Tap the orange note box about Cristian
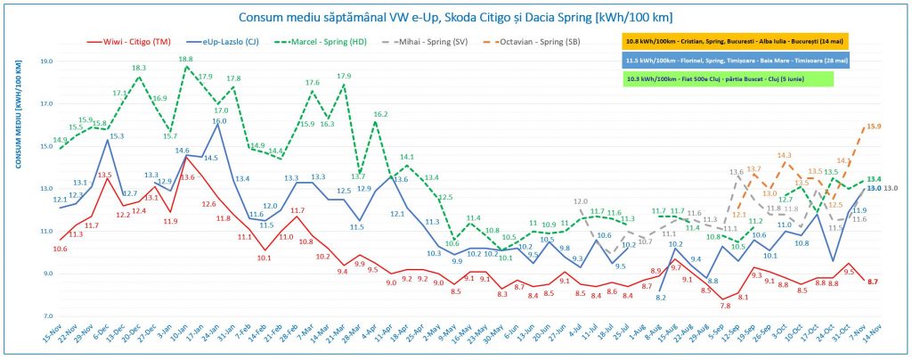[734, 40]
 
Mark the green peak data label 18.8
[185, 59]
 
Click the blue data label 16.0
[219, 121]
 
